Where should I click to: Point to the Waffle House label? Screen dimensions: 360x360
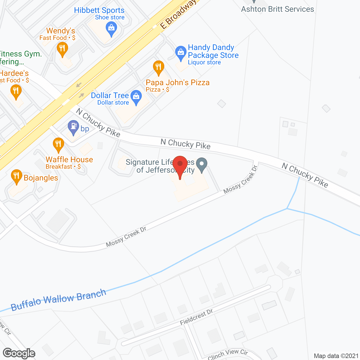pyautogui.click(x=69, y=159)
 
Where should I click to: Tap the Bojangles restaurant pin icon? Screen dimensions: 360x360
pyautogui.click(x=16, y=176)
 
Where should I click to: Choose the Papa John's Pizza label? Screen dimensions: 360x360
pyautogui.click(x=177, y=82)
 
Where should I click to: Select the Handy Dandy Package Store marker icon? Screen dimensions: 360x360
pyautogui.click(x=181, y=53)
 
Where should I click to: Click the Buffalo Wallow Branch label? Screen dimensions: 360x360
pyautogui.click(x=58, y=300)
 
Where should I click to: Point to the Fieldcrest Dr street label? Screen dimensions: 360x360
pyautogui.click(x=196, y=317)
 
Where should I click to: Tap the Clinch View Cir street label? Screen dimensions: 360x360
pyautogui.click(x=228, y=354)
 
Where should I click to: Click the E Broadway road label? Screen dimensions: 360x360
pyautogui.click(x=178, y=14)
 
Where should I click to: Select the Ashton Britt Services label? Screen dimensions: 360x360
pyautogui.click(x=277, y=9)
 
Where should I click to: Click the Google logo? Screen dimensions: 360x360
pyautogui.click(x=19, y=353)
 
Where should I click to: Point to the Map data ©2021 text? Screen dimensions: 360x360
pyautogui.click(x=336, y=356)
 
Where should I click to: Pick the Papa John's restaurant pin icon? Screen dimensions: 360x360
pyautogui.click(x=158, y=67)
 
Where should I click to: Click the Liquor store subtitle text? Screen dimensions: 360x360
pyautogui.click(x=204, y=62)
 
